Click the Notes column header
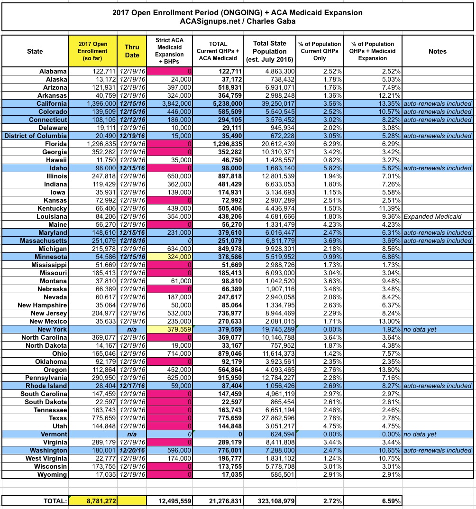pyautogui.click(x=437, y=51)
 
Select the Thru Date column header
pyautogui.click(x=132, y=51)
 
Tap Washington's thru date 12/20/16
pyautogui.click(x=132, y=450)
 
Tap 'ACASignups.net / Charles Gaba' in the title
pyautogui.click(x=238, y=22)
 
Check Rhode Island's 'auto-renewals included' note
pyautogui.click(x=438, y=386)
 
